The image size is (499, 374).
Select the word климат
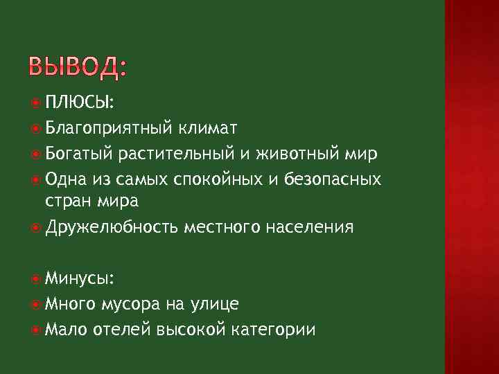tap(207, 127)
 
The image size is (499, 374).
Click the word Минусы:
tap(80, 278)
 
